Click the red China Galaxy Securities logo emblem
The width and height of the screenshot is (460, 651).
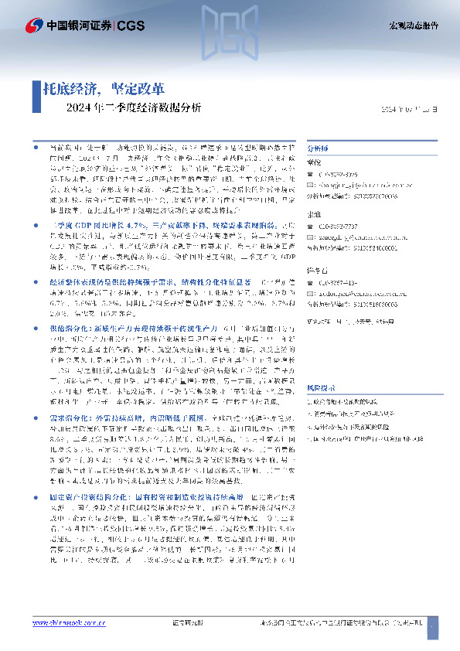point(32,26)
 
